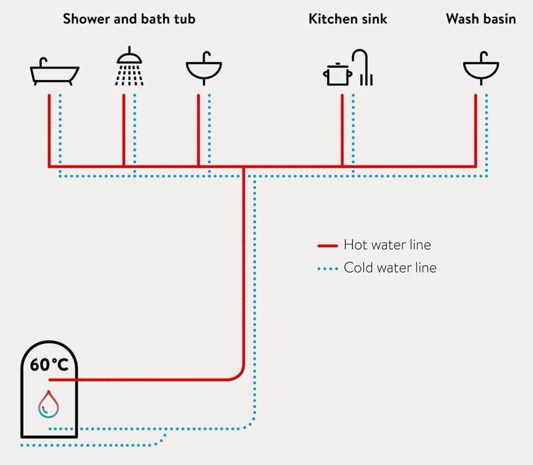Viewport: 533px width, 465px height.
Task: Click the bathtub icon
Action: click(x=55, y=72)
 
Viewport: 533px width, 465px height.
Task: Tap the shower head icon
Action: click(x=129, y=66)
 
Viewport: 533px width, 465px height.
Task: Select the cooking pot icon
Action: click(x=337, y=74)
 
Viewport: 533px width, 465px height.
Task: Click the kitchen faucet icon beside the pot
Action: click(x=362, y=67)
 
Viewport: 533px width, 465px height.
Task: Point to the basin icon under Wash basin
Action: click(x=481, y=69)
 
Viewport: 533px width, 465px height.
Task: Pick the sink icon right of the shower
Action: click(x=204, y=69)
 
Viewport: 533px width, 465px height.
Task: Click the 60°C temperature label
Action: click(x=49, y=364)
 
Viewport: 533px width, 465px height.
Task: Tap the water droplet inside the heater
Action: click(x=48, y=404)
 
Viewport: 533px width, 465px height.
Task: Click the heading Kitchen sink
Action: click(x=348, y=19)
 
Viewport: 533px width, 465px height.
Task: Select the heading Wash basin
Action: click(x=481, y=19)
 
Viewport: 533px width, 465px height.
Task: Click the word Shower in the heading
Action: click(x=87, y=19)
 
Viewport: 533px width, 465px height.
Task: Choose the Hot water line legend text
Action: click(x=387, y=244)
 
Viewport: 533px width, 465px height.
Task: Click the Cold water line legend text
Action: click(x=390, y=268)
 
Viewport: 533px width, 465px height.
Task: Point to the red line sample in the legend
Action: click(x=328, y=245)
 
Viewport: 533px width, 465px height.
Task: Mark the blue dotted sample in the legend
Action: click(x=328, y=269)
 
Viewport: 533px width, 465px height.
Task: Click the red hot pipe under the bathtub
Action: click(x=49, y=131)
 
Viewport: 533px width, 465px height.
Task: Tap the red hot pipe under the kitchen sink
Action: click(x=342, y=131)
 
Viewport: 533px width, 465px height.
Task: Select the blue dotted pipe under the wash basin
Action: click(x=487, y=135)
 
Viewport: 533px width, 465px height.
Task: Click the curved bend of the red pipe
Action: click(x=239, y=375)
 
